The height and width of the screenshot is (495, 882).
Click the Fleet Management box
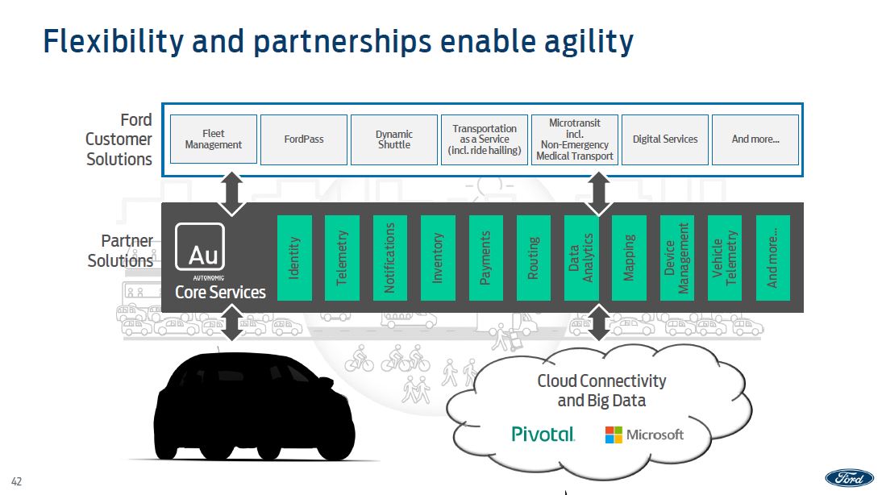(x=214, y=139)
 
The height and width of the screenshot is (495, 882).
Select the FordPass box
(x=304, y=139)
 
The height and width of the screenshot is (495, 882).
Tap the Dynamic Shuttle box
(x=394, y=139)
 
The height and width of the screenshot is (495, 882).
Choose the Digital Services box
(x=665, y=139)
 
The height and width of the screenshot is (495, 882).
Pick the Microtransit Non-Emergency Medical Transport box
(x=575, y=139)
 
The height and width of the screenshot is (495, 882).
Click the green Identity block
(x=294, y=258)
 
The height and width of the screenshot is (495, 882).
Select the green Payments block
(x=486, y=258)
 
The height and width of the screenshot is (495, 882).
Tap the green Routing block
(x=534, y=258)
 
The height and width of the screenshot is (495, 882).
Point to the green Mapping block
(x=630, y=258)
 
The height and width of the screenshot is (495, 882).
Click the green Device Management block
(x=677, y=258)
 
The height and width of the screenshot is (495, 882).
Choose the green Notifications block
(x=390, y=258)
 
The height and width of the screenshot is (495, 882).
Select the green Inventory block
(x=438, y=258)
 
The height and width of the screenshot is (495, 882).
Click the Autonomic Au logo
(x=200, y=247)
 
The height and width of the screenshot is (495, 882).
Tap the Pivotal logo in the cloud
(x=543, y=435)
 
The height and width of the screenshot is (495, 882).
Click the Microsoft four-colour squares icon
(x=614, y=435)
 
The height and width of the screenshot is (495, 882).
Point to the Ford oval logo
(x=849, y=477)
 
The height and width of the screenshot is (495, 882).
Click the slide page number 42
(x=17, y=482)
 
